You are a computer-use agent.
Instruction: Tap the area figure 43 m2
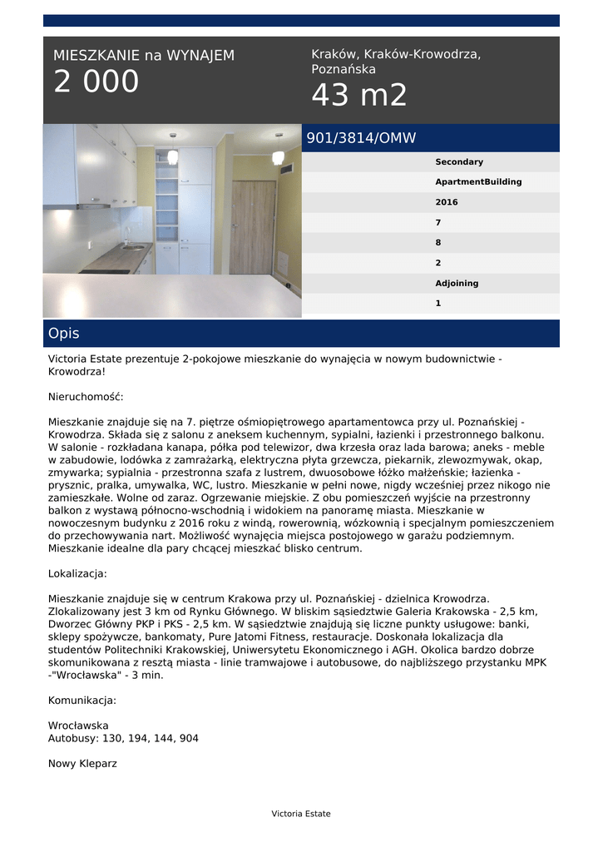[x=359, y=97]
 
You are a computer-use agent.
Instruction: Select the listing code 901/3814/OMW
[x=361, y=138]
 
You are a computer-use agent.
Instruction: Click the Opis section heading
[x=64, y=334]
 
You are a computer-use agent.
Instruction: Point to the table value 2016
[x=447, y=202]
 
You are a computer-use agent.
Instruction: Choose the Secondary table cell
[x=459, y=162]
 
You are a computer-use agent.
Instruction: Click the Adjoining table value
[x=457, y=284]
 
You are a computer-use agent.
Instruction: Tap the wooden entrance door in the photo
[x=253, y=226]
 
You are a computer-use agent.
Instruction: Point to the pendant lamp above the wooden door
[x=278, y=156]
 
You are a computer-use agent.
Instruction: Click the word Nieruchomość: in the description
[x=86, y=398]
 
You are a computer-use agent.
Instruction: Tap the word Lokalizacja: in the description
[x=77, y=573]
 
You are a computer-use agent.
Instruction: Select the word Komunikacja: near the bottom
[x=82, y=700]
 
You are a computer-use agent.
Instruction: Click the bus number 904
[x=188, y=738]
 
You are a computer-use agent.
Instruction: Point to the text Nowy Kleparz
[x=82, y=763]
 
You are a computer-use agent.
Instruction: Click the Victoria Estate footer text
[x=301, y=814]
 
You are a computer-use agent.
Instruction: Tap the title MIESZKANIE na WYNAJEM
[x=144, y=56]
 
